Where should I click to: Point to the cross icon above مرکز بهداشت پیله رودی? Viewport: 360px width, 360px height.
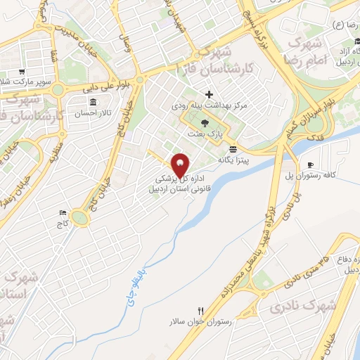tap(209, 94)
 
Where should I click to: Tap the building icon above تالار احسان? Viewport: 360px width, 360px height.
tap(93, 103)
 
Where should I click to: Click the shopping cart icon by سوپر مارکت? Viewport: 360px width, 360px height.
tap(22, 72)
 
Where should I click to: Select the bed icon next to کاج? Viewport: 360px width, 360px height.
tap(63, 213)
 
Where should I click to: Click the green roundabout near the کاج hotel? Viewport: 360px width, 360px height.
tap(81, 219)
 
